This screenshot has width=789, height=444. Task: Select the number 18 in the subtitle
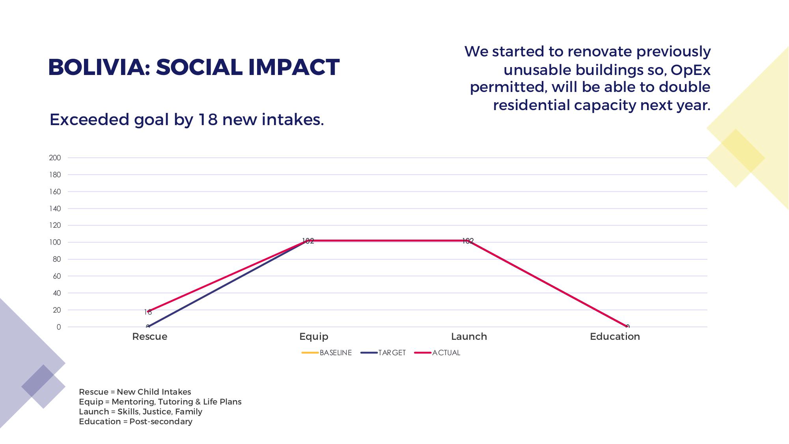coord(208,120)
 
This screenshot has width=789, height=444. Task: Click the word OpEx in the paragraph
coord(690,70)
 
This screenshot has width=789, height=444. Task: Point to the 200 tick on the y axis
coord(55,158)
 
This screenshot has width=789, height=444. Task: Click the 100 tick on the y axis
coord(55,242)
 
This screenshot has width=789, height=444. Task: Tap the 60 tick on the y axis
coord(57,276)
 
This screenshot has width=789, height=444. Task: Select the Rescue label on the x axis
coord(149,337)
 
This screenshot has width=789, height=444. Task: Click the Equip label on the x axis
coord(313,337)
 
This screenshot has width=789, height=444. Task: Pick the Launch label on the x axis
coord(469,337)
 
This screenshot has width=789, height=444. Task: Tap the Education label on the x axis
coord(615,337)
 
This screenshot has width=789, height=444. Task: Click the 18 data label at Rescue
coord(148,313)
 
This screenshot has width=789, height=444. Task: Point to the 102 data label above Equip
coord(308,241)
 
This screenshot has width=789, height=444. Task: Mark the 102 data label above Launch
coord(468,241)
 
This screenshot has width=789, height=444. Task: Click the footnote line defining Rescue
coord(135,392)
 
